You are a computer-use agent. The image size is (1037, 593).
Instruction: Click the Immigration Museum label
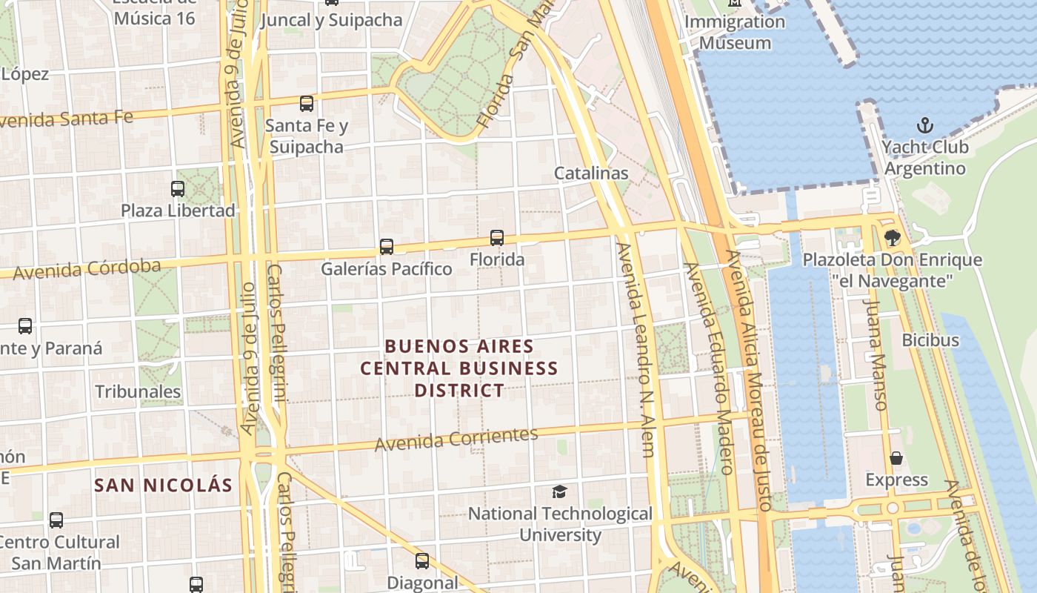pyautogui.click(x=734, y=32)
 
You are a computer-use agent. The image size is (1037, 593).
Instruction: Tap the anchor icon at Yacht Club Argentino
pyautogui.click(x=925, y=125)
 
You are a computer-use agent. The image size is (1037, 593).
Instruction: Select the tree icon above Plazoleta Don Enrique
pyautogui.click(x=893, y=238)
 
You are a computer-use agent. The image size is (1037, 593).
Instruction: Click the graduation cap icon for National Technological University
pyautogui.click(x=560, y=491)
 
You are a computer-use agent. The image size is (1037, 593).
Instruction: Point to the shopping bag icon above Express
pyautogui.click(x=896, y=458)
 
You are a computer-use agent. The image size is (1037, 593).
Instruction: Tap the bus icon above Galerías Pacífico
pyautogui.click(x=387, y=247)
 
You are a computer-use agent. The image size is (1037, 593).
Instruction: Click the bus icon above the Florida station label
pyautogui.click(x=497, y=238)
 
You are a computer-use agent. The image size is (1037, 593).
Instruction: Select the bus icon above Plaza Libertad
pyautogui.click(x=178, y=189)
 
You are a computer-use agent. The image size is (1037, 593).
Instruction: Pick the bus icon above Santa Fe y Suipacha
pyautogui.click(x=307, y=104)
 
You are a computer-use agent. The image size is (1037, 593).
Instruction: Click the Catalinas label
pyautogui.click(x=591, y=173)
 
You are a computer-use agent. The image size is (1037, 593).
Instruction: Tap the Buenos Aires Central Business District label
pyautogui.click(x=459, y=368)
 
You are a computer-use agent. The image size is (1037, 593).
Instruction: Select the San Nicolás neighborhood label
pyautogui.click(x=164, y=486)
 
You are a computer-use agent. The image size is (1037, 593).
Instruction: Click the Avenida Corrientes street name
pyautogui.click(x=456, y=439)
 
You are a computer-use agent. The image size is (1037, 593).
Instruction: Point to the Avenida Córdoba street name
pyautogui.click(x=87, y=268)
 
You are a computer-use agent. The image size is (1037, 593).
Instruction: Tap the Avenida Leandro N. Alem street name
pyautogui.click(x=637, y=348)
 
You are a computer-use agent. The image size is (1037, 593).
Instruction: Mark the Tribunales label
pyautogui.click(x=138, y=391)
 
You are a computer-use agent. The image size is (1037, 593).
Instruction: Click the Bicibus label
pyautogui.click(x=930, y=340)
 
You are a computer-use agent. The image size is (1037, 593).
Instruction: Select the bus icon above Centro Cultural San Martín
pyautogui.click(x=56, y=520)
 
